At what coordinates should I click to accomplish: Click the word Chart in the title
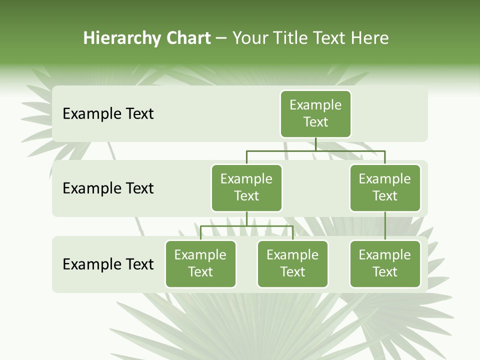tap(188, 38)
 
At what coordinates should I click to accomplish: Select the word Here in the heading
tap(369, 38)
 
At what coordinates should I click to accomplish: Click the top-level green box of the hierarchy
tap(315, 113)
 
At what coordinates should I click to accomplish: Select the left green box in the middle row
tap(246, 187)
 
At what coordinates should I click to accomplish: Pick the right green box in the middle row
tap(385, 187)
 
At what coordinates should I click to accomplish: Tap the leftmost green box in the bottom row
tap(200, 263)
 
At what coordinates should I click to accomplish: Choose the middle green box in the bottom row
tap(292, 263)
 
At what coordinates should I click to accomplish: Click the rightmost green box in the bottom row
tap(385, 263)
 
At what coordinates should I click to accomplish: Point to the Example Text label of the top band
tap(108, 114)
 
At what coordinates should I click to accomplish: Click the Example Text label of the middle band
tap(108, 188)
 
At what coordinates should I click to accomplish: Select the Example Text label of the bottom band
tap(108, 264)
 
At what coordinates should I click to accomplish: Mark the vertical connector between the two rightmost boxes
tap(385, 226)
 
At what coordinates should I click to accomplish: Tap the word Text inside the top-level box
tap(315, 122)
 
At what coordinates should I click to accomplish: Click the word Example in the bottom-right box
tap(385, 255)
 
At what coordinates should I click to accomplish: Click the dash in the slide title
tap(221, 38)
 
